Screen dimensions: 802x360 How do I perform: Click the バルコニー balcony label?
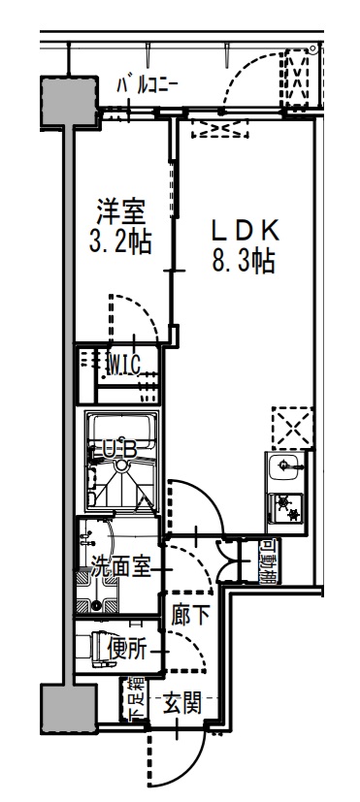click(147, 85)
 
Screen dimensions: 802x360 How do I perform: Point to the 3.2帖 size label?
click(119, 241)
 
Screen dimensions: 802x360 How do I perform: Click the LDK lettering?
click(245, 230)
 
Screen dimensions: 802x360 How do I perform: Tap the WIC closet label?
click(124, 365)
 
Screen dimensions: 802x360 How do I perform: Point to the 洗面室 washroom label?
click(119, 567)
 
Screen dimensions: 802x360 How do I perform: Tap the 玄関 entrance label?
click(181, 701)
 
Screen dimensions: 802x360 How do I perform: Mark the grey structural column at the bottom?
click(68, 709)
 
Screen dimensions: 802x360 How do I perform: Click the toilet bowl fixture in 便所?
click(97, 646)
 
